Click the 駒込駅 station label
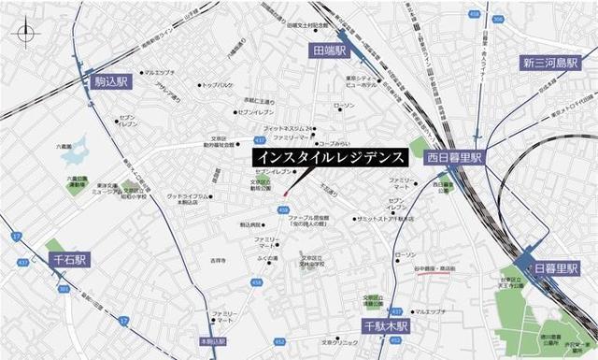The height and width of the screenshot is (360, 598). [112, 82]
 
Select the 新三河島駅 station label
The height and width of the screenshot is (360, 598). [552, 63]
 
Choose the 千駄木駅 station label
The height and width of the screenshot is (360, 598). [381, 325]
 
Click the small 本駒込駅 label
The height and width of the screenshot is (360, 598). [213, 343]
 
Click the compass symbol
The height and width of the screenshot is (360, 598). [25, 34]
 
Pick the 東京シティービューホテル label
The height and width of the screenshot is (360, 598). [361, 80]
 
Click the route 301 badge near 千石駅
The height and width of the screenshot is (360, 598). [64, 290]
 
